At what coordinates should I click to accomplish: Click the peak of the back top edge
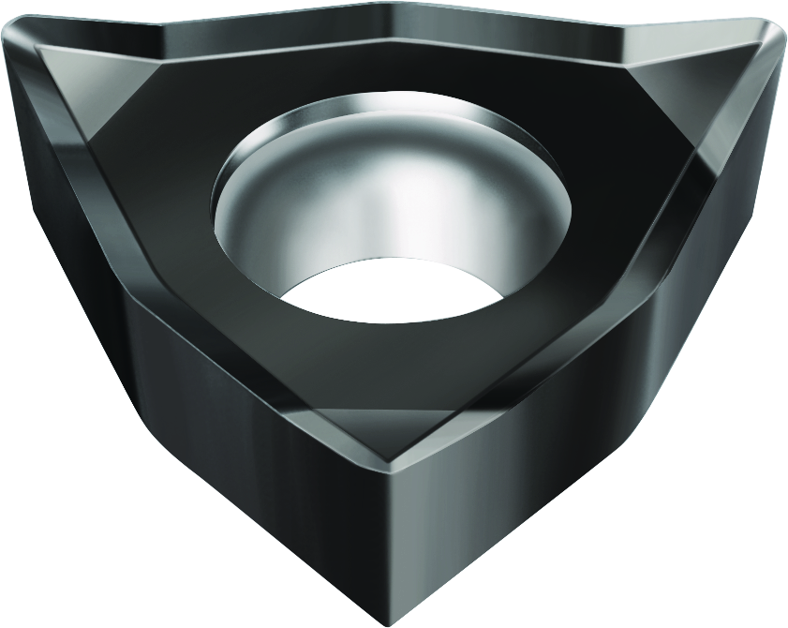tap(394, 7)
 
